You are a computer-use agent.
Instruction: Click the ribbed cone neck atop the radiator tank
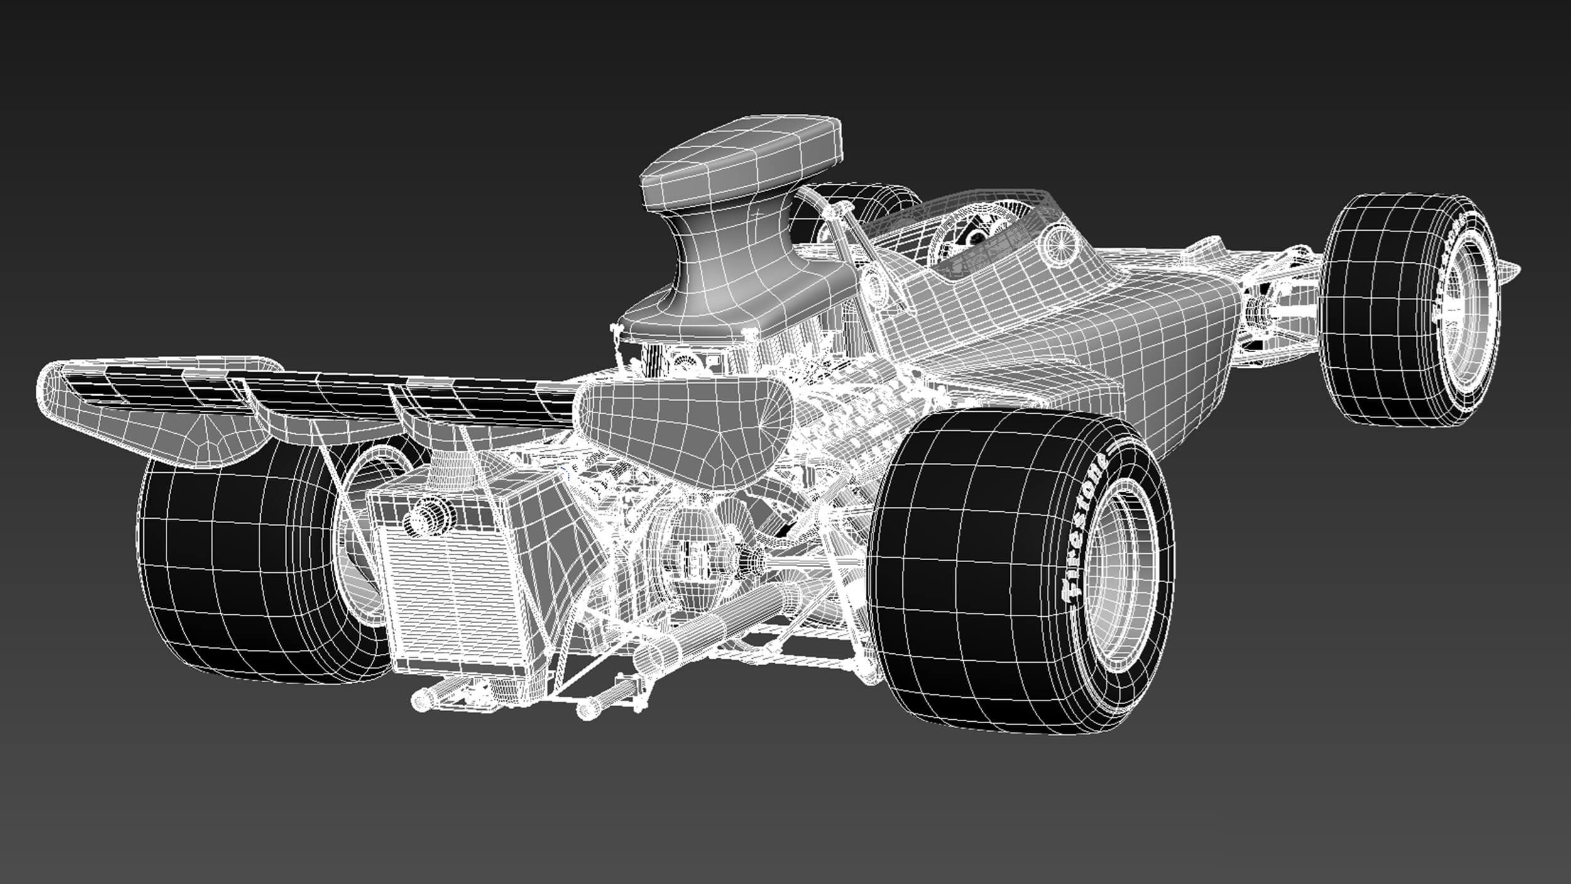449,472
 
